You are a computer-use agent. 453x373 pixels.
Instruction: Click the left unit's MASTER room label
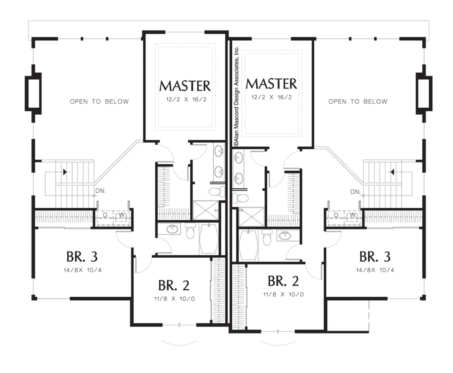(185, 85)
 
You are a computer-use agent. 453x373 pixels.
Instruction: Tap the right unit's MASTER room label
(271, 84)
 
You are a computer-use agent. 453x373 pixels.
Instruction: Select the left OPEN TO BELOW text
(100, 101)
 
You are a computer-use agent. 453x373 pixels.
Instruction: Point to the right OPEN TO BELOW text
(358, 101)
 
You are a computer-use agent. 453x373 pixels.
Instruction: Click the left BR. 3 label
(82, 256)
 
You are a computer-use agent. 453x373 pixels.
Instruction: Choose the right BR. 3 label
(375, 256)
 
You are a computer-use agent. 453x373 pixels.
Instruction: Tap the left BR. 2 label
(173, 285)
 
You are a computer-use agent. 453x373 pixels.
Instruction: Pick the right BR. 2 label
(283, 281)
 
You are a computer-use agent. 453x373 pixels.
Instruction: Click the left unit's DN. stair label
(100, 191)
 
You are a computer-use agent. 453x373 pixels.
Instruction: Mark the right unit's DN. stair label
(355, 192)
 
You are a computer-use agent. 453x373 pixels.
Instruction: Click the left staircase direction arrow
(65, 172)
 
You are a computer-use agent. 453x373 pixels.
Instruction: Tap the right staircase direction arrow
(392, 172)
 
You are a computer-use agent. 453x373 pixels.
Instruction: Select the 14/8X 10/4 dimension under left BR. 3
(83, 270)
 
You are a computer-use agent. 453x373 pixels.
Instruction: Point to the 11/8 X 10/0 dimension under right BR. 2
(284, 295)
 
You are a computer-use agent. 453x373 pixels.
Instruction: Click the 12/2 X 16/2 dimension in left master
(186, 100)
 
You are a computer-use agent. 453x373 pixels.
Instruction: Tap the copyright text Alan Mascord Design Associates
(236, 96)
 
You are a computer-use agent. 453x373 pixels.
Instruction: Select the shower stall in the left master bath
(205, 210)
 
